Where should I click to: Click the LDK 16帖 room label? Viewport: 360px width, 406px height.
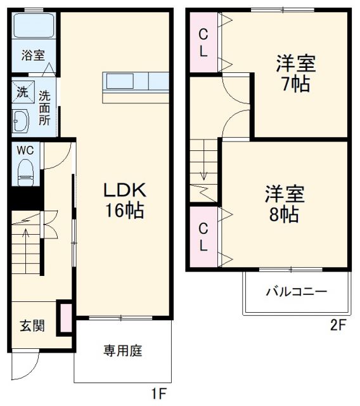pos(124,199)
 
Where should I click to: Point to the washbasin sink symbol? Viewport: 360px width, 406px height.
pos(22,120)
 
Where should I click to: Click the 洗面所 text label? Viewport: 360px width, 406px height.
pos(44,108)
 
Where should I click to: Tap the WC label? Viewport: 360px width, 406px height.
pos(25,150)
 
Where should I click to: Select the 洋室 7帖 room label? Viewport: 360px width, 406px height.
pos(295,74)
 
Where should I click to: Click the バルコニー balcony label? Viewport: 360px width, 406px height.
pos(296,292)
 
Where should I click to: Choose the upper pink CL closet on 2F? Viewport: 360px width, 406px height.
pos(203,43)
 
